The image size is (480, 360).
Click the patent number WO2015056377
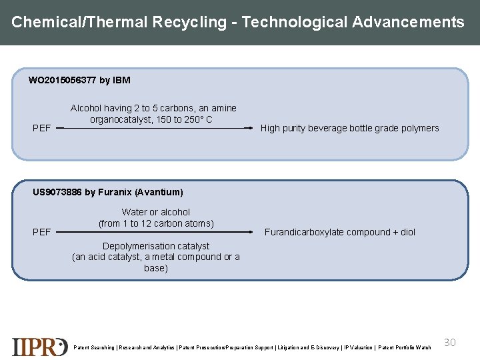(62, 81)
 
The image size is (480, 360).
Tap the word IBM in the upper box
(122, 81)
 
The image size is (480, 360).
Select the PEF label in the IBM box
(41, 128)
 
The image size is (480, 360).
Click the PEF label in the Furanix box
(41, 232)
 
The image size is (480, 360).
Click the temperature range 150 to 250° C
(181, 119)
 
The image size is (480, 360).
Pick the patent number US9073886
(57, 192)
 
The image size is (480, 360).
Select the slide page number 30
(450, 342)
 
